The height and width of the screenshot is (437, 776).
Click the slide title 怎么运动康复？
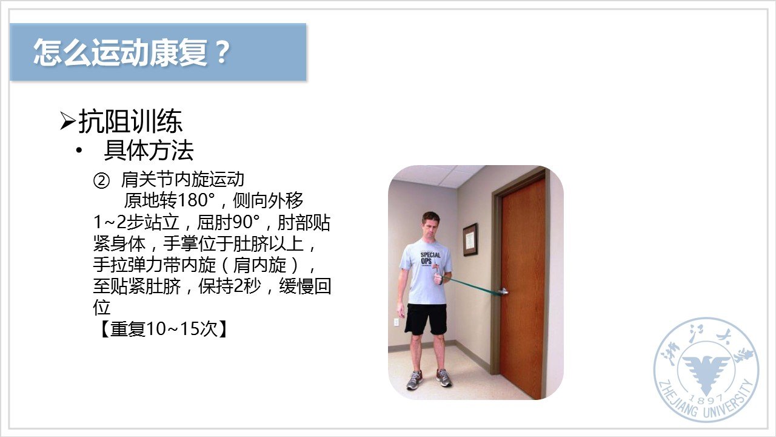[x=132, y=52]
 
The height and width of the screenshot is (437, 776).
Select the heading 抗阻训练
[x=130, y=121]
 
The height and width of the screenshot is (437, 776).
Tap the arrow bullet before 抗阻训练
[x=67, y=121]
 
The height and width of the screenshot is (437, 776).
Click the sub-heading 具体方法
[x=149, y=150]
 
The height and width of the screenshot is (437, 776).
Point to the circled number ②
[x=101, y=181]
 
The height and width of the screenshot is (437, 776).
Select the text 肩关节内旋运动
[x=182, y=180]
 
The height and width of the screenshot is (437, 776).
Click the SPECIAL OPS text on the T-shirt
[x=430, y=258]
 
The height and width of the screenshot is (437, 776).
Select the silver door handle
[x=503, y=291]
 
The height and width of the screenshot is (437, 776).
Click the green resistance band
[x=474, y=286]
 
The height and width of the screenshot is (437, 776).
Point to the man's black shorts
[x=426, y=319]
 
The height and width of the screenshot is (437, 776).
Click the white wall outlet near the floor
[x=396, y=322]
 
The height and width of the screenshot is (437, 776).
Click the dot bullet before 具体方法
[x=79, y=151]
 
